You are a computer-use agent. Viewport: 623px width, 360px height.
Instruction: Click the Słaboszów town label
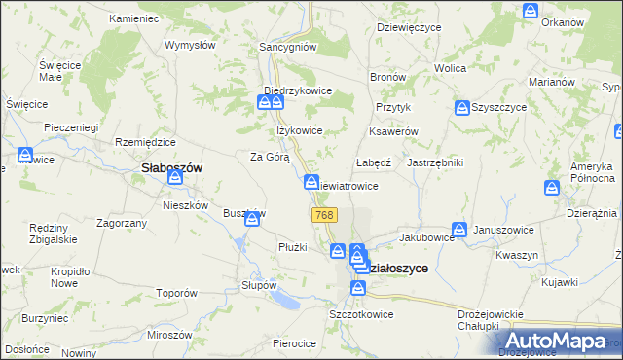tap(165, 167)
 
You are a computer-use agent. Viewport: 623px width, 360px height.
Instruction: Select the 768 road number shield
tap(325, 214)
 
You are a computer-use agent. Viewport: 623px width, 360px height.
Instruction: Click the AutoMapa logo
tap(564, 342)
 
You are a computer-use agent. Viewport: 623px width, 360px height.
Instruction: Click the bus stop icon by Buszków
tap(252, 220)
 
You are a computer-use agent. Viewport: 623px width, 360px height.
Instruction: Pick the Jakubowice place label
tap(426, 236)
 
